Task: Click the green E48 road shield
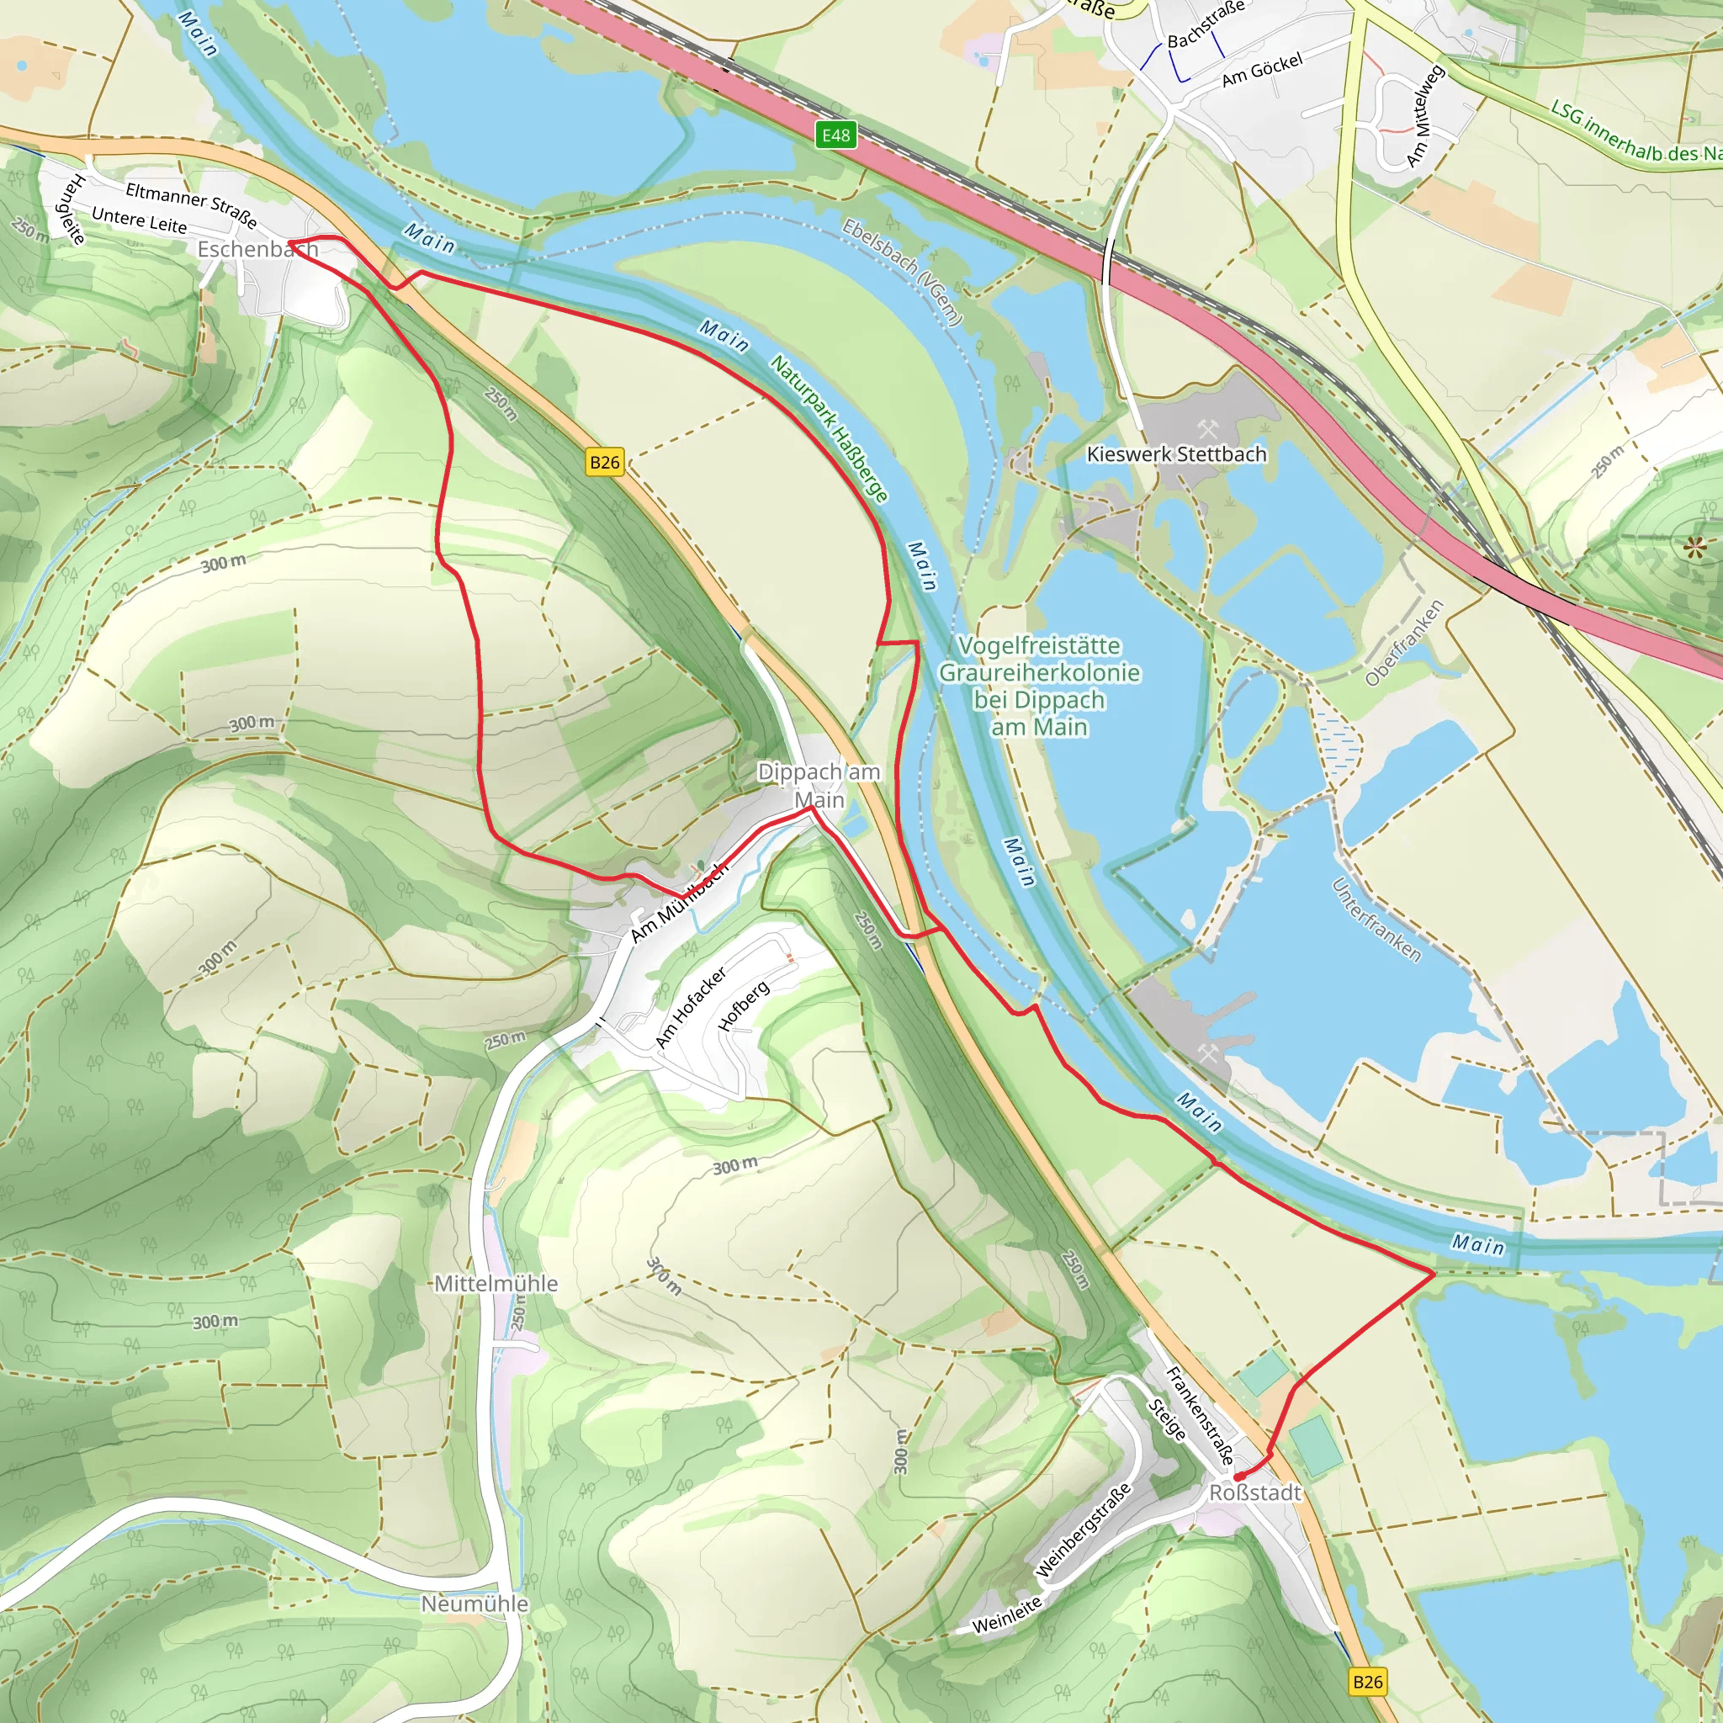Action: click(835, 135)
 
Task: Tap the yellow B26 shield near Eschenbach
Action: click(605, 462)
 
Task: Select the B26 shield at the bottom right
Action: click(1367, 1681)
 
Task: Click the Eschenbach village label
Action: click(257, 249)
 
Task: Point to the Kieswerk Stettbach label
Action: click(1176, 454)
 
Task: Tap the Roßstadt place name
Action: click(1254, 1492)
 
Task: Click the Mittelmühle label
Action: click(496, 1283)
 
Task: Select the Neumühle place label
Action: click(474, 1604)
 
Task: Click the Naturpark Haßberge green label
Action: click(830, 429)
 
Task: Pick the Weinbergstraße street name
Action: click(1084, 1530)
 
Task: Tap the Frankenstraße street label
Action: click(1201, 1415)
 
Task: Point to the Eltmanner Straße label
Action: click(191, 204)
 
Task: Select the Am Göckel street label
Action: click(1262, 70)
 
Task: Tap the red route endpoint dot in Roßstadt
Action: click(1237, 1477)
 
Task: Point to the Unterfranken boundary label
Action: click(1376, 920)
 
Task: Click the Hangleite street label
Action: click(71, 209)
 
